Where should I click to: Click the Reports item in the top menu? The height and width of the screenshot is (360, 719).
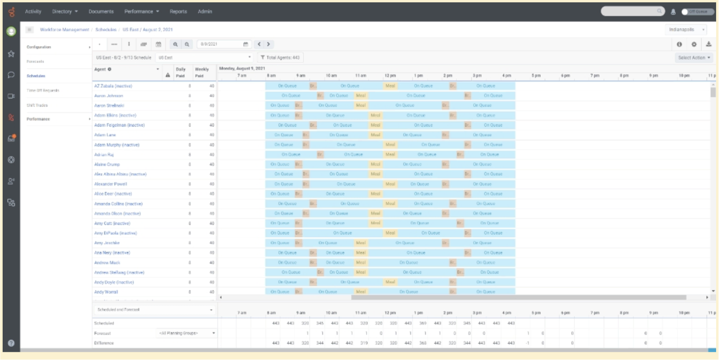[x=178, y=11]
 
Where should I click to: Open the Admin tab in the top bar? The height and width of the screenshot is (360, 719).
[x=205, y=11]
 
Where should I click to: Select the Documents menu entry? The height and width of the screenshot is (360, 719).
[x=101, y=11]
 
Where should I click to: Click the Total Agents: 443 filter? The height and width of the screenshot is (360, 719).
[x=280, y=57]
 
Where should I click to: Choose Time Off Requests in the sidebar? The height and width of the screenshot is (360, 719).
[x=43, y=90]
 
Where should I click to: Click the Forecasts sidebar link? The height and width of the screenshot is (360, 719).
[x=36, y=61]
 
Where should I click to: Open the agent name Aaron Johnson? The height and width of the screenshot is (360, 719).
[x=109, y=96]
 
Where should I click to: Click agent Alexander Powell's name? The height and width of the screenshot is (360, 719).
[x=111, y=184]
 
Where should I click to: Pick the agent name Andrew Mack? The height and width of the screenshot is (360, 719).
[x=107, y=262]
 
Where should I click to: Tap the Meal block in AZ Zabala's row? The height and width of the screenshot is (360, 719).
[x=390, y=86]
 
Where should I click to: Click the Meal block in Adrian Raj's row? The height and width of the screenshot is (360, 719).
[x=390, y=154]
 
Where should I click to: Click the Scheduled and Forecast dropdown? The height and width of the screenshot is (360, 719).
[x=155, y=309]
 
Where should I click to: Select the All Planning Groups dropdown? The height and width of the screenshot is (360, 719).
[x=186, y=333]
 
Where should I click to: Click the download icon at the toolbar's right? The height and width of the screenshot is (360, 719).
[x=708, y=44]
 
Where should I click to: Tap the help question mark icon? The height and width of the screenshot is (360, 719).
[x=11, y=343]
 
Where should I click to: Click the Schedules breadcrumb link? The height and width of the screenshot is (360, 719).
[x=106, y=30]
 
